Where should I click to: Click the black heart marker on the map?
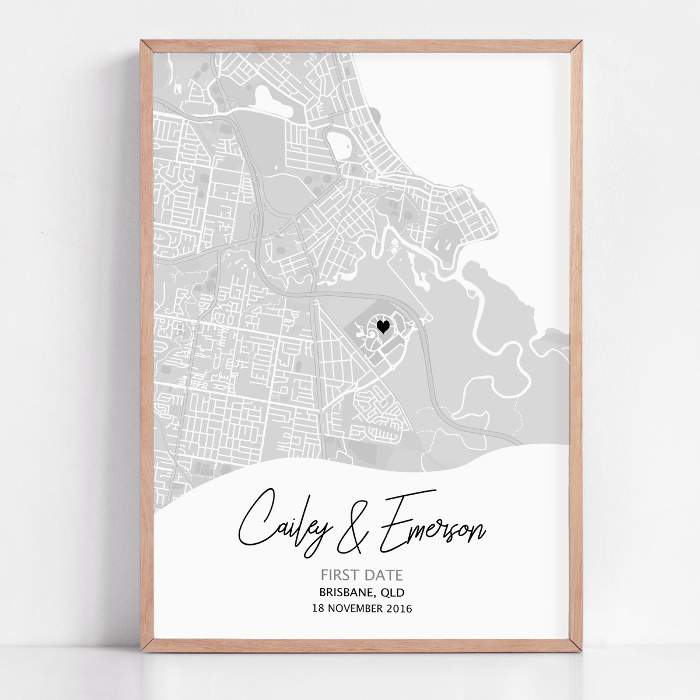383,327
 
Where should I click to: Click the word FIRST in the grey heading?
340,575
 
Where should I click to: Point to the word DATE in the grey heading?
383,575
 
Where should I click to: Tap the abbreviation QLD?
394,593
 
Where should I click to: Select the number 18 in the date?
318,609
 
